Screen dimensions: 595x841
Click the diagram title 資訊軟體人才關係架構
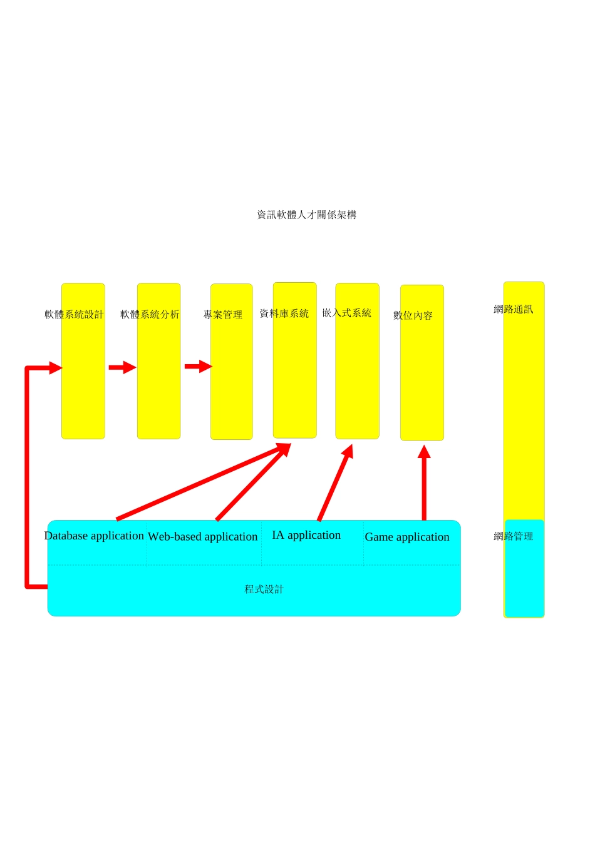pyautogui.click(x=307, y=215)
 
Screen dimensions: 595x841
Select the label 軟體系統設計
pyautogui.click(x=74, y=314)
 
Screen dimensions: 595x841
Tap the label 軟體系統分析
pyautogui.click(x=150, y=314)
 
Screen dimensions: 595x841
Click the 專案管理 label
pyautogui.click(x=223, y=315)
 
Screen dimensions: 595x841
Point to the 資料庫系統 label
pyautogui.click(x=284, y=313)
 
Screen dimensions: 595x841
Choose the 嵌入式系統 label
pyautogui.click(x=347, y=313)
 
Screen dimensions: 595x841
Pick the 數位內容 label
pyautogui.click(x=413, y=315)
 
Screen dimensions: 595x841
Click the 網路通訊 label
pyautogui.click(x=514, y=309)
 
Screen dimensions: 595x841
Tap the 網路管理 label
pyautogui.click(x=514, y=536)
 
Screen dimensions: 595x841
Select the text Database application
pyautogui.click(x=94, y=536)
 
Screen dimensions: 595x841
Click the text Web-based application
pyautogui.click(x=202, y=537)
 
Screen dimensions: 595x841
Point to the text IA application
pyautogui.click(x=306, y=535)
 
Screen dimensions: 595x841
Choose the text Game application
pyautogui.click(x=407, y=538)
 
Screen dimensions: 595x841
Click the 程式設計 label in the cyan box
pyautogui.click(x=264, y=589)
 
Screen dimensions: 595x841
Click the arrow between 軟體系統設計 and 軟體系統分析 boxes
pyautogui.click(x=123, y=367)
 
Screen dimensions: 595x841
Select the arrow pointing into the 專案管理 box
pyautogui.click(x=199, y=366)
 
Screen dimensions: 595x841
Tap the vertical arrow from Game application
pyautogui.click(x=424, y=483)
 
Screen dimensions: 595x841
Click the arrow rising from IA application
pyautogui.click(x=336, y=483)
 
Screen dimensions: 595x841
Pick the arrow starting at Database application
pyautogui.click(x=204, y=482)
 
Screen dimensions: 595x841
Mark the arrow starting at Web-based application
pyautogui.click(x=252, y=482)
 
